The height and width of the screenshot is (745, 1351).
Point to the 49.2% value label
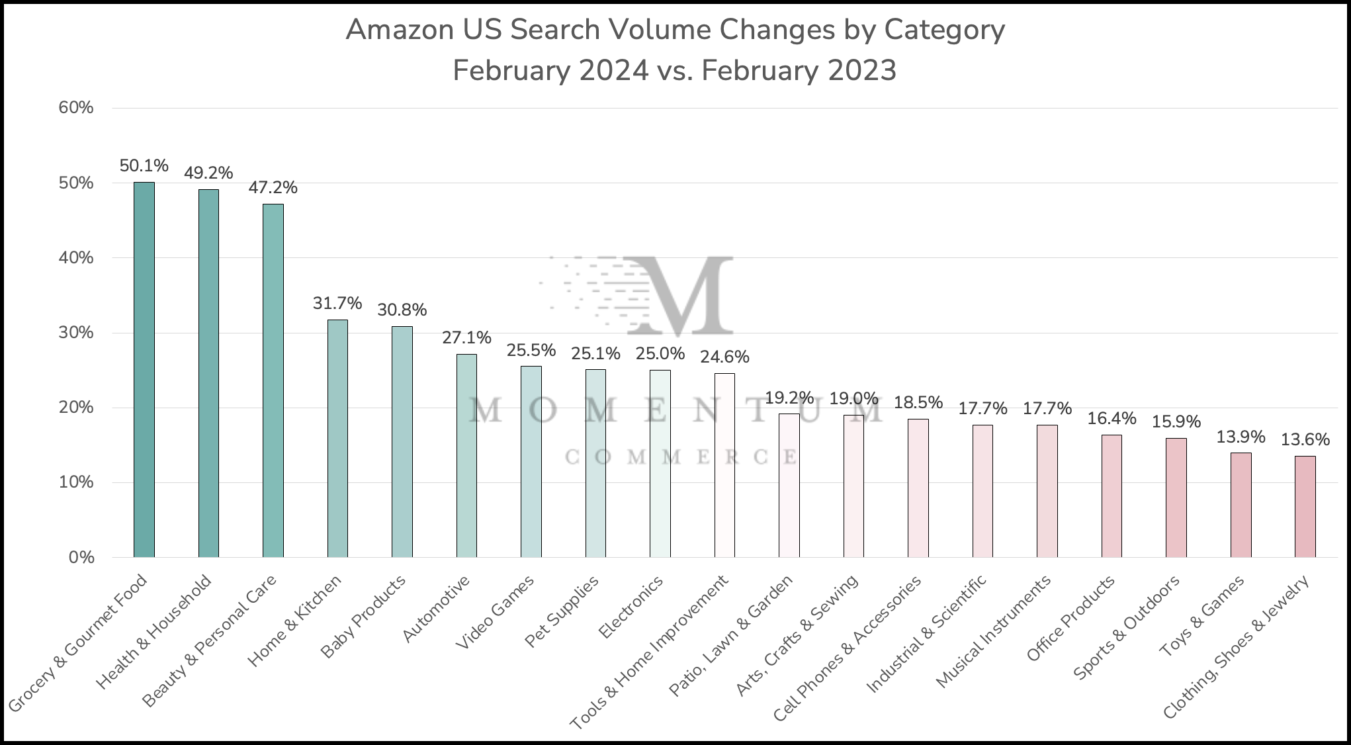click(208, 173)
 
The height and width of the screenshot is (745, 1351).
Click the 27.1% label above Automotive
click(466, 338)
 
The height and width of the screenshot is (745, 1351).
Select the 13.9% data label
click(1241, 437)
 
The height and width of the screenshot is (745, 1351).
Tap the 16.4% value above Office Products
click(1111, 418)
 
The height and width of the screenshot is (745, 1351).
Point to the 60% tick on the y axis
click(76, 108)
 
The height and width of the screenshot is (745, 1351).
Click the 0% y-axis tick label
click(81, 558)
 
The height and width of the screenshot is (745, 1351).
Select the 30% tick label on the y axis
click(76, 333)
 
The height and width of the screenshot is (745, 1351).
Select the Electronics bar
click(660, 463)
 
